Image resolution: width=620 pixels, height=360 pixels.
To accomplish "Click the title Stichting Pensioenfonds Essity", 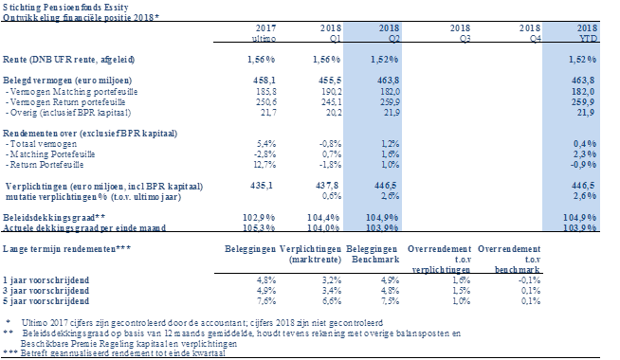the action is (65, 8).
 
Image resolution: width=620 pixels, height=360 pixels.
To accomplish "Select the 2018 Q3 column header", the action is (460, 33).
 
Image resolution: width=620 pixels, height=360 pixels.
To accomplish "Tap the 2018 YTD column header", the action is (587, 33).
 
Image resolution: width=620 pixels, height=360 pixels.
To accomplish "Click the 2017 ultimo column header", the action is (265, 33).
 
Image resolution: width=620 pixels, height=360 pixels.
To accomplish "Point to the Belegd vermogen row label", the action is (67, 81).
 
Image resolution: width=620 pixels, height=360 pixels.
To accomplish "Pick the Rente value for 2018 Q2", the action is (384, 60).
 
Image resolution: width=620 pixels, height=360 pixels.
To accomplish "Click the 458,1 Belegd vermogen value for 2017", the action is (264, 81).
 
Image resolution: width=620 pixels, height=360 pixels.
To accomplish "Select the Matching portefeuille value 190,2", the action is (330, 91).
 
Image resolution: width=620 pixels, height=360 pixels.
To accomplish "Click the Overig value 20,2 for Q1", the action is (333, 112).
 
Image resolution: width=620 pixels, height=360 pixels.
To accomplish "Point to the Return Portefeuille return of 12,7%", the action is (264, 165).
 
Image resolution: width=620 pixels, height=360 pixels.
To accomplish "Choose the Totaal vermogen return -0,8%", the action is (330, 144).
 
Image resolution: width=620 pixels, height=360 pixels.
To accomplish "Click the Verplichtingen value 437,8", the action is (327, 186).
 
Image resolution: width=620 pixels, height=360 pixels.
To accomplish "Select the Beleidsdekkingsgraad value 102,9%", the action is (259, 217).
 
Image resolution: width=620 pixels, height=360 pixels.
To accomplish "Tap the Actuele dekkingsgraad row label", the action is (84, 227).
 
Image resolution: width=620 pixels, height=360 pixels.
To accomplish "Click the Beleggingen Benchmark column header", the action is (373, 254).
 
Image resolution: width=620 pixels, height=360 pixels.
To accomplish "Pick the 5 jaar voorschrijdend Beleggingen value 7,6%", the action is (266, 300).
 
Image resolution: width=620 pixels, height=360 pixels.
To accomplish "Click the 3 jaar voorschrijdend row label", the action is (46, 291).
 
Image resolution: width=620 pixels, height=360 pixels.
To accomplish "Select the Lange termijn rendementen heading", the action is (66, 249).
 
